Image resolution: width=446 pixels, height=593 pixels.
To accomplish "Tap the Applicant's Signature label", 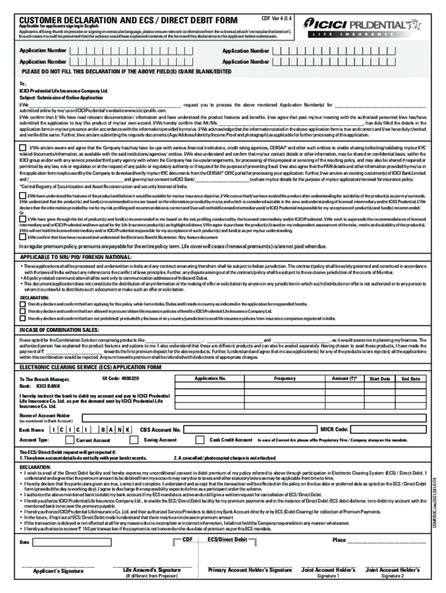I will click(57, 570).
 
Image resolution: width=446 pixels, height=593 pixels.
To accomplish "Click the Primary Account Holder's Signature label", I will click(250, 570).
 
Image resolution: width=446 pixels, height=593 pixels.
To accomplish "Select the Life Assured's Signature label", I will click(152, 570).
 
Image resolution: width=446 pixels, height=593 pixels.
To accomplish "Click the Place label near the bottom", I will click(339, 540).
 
